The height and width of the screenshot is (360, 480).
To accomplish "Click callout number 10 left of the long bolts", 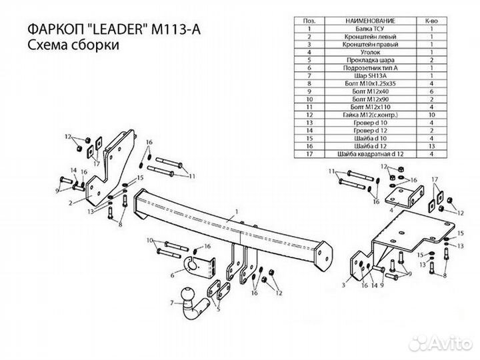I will click(149, 241).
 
